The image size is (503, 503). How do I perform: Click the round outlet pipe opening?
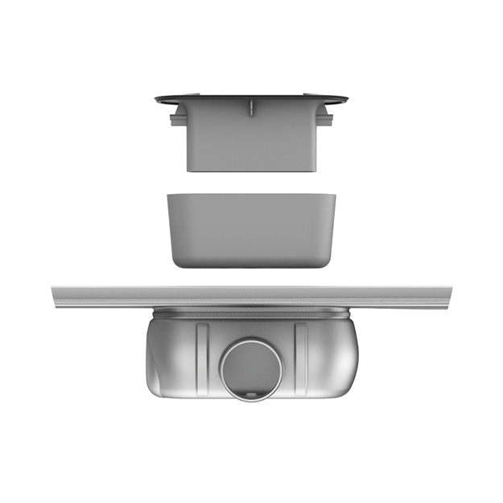252,369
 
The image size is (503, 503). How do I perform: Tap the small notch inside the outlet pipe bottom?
253,394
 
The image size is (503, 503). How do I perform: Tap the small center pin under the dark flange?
251,108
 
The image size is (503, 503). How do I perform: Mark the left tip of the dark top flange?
158,100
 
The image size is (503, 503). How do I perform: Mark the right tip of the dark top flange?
346,100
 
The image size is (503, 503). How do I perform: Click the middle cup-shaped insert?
251,229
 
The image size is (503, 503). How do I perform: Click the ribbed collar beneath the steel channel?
251,312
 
